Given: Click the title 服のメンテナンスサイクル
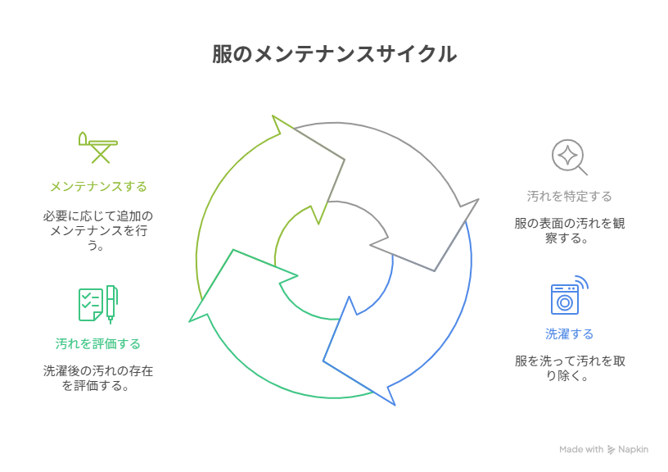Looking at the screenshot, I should tap(334, 55).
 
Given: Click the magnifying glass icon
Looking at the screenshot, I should tap(569, 157).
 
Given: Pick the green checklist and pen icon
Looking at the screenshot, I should tap(97, 303).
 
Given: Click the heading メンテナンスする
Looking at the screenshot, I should tap(98, 187).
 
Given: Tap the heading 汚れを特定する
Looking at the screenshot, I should tap(569, 197).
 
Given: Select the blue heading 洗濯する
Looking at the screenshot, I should tap(569, 334).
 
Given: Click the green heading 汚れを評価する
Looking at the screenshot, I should tap(98, 343).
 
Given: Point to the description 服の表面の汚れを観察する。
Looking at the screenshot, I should tap(569, 230).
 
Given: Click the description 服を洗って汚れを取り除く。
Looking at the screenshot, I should tap(569, 368).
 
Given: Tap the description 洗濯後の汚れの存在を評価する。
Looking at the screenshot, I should tap(98, 378).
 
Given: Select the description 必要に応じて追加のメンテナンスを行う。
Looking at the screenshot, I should tap(98, 230).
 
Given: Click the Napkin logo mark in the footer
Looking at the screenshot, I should tap(611, 449).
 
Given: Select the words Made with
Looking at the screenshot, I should tap(581, 449).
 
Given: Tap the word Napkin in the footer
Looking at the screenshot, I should tap(634, 449).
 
